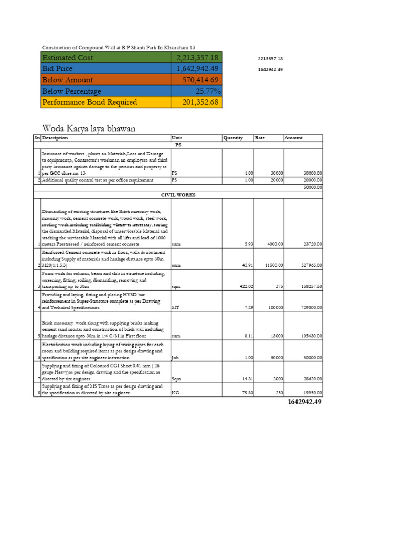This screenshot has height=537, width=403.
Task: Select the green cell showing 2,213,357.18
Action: (197, 58)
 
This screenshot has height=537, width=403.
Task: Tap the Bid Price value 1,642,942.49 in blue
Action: (197, 69)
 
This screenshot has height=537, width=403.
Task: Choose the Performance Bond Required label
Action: (89, 102)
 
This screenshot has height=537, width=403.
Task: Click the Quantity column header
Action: (233, 138)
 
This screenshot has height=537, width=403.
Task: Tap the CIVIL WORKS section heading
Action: (178, 195)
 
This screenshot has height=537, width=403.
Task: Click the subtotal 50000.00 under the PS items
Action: (311, 187)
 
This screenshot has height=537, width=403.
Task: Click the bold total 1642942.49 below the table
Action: (305, 402)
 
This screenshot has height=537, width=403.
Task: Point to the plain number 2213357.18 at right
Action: (270, 58)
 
